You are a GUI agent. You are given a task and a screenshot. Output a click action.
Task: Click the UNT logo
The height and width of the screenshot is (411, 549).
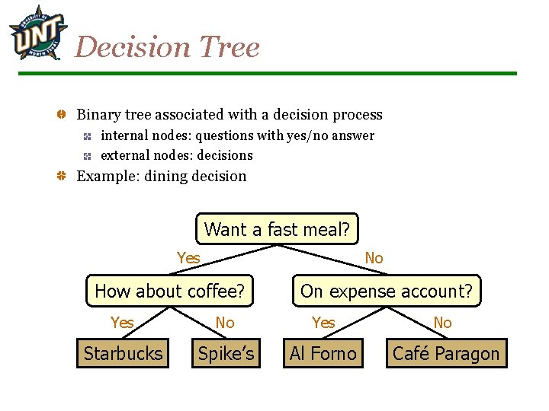(34, 32)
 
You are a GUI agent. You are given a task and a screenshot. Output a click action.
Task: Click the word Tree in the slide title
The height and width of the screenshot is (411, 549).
(226, 47)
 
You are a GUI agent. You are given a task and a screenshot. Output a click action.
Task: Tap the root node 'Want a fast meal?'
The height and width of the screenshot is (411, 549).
(277, 228)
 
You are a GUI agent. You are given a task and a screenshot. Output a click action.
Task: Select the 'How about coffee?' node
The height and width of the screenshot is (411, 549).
(169, 291)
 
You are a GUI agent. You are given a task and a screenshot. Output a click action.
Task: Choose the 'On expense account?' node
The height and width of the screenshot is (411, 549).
(387, 291)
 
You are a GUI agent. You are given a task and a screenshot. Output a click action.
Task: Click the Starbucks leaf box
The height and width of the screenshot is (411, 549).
(123, 354)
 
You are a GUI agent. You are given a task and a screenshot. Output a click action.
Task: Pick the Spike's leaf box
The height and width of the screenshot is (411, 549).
(226, 354)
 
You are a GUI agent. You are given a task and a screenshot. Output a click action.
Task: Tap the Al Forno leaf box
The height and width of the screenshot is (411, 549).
(323, 354)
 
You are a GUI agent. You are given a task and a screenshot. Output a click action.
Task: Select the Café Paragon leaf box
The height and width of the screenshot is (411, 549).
(446, 354)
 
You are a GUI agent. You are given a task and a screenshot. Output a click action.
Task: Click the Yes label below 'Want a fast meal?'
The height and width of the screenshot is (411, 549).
(188, 258)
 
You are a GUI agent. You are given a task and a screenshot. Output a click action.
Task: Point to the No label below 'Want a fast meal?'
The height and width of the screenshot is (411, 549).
(374, 258)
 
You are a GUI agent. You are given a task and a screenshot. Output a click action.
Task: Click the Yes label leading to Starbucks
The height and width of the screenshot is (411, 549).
(122, 323)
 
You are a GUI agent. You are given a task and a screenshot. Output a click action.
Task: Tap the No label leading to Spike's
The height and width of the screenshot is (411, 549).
(225, 323)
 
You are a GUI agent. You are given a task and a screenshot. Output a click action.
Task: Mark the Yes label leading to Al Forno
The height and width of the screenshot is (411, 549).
(323, 323)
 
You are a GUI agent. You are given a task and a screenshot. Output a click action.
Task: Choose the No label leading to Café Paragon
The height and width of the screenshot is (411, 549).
(442, 323)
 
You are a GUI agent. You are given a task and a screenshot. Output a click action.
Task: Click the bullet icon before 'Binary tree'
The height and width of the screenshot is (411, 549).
(60, 115)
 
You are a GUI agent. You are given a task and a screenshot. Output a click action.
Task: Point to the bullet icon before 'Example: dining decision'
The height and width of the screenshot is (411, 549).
(60, 177)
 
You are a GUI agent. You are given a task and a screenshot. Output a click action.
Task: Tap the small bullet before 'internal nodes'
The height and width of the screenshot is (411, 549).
(88, 136)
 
